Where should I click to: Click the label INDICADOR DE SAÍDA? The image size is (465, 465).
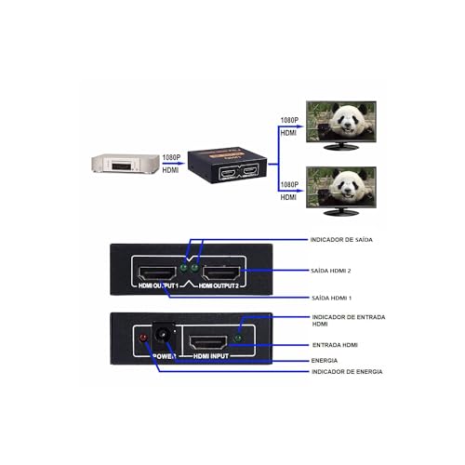[341, 239]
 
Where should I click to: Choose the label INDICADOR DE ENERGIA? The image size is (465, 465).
[346, 371]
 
